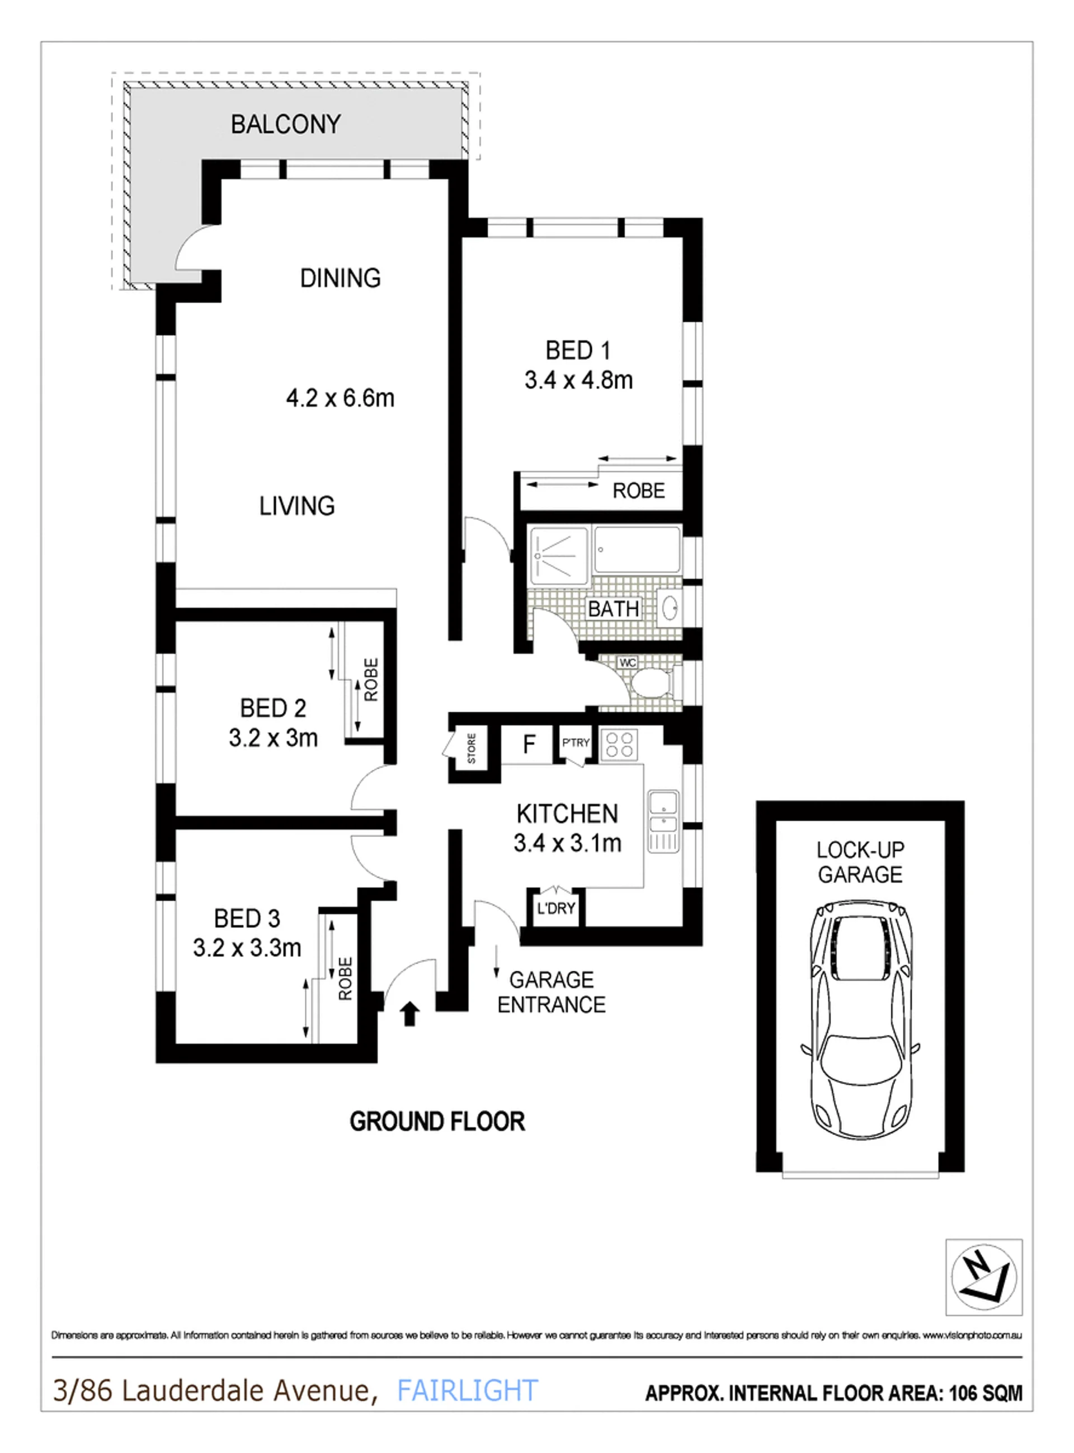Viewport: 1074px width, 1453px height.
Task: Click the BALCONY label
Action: pyautogui.click(x=285, y=124)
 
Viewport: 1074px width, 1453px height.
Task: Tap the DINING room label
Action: pyautogui.click(x=340, y=278)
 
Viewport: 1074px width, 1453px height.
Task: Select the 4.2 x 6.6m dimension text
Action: pyautogui.click(x=340, y=398)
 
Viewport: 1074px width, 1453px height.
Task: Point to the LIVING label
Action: pyautogui.click(x=297, y=506)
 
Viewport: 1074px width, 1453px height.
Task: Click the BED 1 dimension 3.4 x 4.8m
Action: pyautogui.click(x=578, y=380)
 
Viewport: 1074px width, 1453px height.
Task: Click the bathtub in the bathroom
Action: pyautogui.click(x=637, y=551)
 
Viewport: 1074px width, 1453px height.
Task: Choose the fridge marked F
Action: pyautogui.click(x=529, y=744)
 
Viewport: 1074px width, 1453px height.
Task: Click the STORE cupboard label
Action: pyautogui.click(x=472, y=748)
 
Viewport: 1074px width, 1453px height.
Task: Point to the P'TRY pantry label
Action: pyautogui.click(x=576, y=742)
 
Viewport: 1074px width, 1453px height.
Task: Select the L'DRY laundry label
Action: pyautogui.click(x=556, y=908)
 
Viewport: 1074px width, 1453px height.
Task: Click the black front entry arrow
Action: pyautogui.click(x=409, y=1014)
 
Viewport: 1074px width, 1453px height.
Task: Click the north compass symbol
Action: pyautogui.click(x=983, y=1277)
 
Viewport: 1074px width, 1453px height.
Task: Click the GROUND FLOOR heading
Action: pyautogui.click(x=437, y=1121)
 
